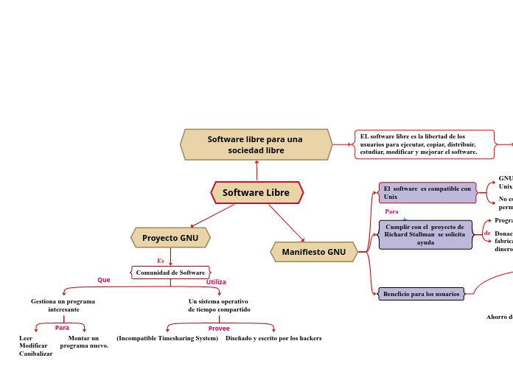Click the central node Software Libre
click(x=256, y=193)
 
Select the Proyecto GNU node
click(x=170, y=238)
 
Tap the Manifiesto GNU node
click(x=313, y=252)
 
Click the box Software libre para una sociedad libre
click(x=255, y=144)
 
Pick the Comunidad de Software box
click(x=170, y=273)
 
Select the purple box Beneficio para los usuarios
click(x=421, y=294)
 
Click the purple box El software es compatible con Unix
click(x=427, y=193)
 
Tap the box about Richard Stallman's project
click(x=425, y=234)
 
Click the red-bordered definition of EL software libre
click(x=424, y=144)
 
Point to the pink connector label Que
click(x=104, y=280)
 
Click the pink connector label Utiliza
click(x=216, y=282)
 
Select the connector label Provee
click(x=219, y=328)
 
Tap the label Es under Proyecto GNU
click(x=161, y=261)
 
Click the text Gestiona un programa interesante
click(x=63, y=305)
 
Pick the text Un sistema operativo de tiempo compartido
click(x=219, y=305)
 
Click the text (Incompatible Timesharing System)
click(x=167, y=338)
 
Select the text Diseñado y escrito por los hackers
click(x=273, y=338)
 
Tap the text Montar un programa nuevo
click(x=84, y=342)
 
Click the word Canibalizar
click(x=36, y=354)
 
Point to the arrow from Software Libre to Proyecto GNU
click(x=212, y=215)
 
